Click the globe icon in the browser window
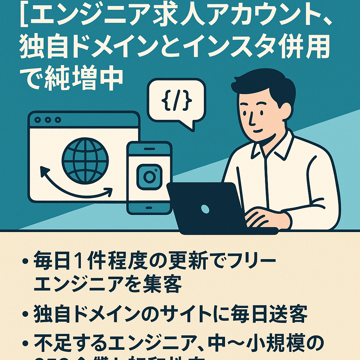tap(85, 160)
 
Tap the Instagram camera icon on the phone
tap(149, 176)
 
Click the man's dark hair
tap(267, 84)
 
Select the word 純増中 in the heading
tap(84, 79)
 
